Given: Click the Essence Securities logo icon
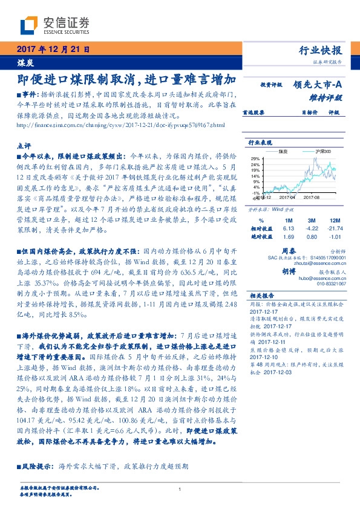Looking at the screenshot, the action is (28, 25).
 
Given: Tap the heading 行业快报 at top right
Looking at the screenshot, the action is (322, 50).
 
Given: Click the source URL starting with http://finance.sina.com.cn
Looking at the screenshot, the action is (121, 125).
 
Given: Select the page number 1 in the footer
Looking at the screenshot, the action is (180, 489).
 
